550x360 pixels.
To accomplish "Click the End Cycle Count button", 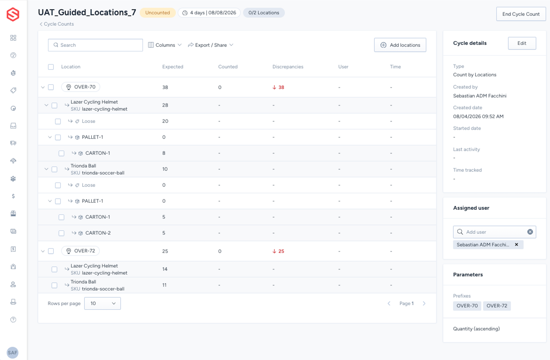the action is [521, 14].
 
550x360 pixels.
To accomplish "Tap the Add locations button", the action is [400, 45].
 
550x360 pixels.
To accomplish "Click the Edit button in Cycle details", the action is [522, 43].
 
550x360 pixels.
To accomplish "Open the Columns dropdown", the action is [165, 45].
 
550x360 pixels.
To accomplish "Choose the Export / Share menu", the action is [210, 45].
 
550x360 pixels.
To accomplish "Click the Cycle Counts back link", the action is [57, 24].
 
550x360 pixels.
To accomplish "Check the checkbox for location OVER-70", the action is [51, 87].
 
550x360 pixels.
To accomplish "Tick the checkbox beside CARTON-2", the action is [61, 233].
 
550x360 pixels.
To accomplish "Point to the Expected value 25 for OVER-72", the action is [165, 251].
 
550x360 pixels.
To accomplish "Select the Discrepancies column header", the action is [288, 67].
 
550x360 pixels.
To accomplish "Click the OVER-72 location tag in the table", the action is [80, 251].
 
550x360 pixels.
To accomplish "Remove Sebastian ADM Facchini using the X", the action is [517, 244].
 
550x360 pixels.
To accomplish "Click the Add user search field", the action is [494, 232].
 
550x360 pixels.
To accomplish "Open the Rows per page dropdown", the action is [102, 303].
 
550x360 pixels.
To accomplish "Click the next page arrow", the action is [424, 303].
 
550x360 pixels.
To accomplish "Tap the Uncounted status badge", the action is [158, 13].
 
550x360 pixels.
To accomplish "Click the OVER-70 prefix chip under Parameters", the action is [467, 306].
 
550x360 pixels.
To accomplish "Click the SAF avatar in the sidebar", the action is [12, 353].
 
